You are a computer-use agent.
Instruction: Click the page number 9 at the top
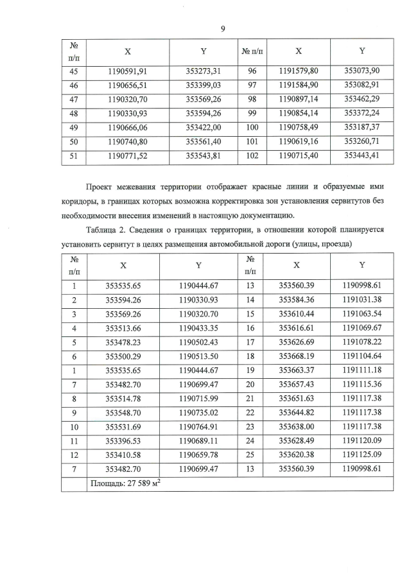(222, 28)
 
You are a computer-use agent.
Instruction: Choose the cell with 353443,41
(362, 155)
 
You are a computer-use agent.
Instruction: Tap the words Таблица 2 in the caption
(105, 230)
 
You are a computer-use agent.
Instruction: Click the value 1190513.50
(200, 356)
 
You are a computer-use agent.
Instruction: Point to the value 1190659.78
(200, 455)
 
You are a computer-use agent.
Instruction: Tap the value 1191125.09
(362, 455)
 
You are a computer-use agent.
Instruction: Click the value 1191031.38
(362, 299)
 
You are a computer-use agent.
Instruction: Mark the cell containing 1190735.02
(200, 412)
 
